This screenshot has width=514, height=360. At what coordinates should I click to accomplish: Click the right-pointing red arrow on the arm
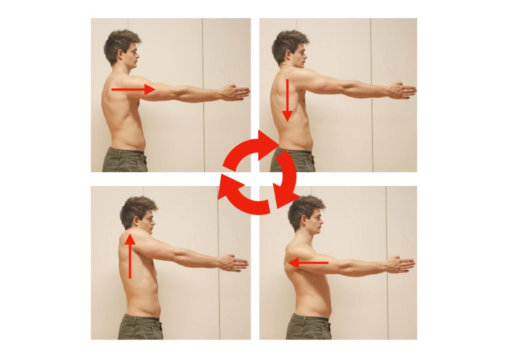133,90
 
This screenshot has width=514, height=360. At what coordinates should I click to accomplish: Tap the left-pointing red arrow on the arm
308,263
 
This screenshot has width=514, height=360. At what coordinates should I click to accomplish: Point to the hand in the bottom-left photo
233,263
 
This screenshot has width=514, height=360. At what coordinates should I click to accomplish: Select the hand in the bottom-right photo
400,263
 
